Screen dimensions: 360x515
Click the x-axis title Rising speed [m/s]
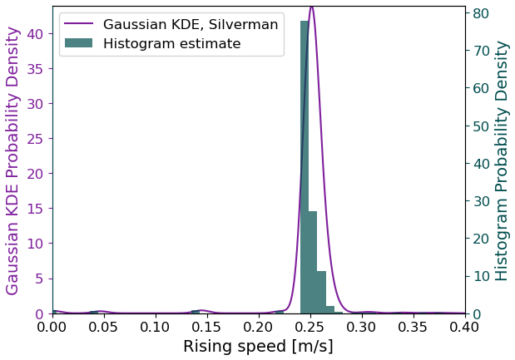258,347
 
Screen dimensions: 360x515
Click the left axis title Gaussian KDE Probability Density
13,160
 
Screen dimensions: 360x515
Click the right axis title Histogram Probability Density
502,160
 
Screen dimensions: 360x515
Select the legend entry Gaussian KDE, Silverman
191,24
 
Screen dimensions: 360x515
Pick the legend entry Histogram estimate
171,43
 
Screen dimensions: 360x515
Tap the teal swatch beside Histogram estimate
78,43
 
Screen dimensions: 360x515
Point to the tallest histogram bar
305,166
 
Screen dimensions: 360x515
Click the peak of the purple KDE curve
311,7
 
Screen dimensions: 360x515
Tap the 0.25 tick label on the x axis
310,327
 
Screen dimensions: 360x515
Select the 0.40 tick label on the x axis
465,327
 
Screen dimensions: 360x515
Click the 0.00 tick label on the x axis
52,327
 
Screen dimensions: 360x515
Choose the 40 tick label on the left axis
36,33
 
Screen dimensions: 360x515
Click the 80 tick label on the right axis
480,12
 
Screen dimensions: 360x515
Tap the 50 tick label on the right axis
480,126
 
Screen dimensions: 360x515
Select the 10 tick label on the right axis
480,276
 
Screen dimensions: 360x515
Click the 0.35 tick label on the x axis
413,327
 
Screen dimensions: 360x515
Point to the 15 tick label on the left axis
36,209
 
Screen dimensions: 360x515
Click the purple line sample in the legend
78,24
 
